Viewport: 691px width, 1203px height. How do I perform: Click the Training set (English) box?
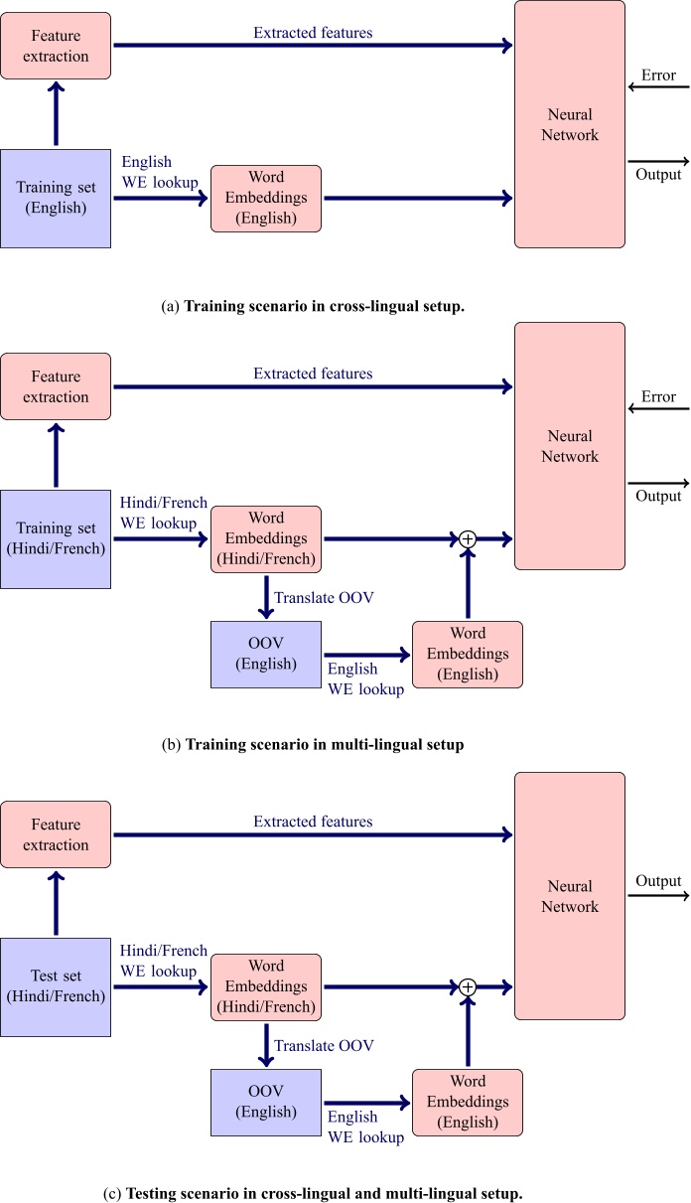pyautogui.click(x=56, y=198)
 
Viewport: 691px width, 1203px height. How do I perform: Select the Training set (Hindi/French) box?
pyautogui.click(x=56, y=538)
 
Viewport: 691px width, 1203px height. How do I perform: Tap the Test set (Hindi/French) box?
pyautogui.click(x=56, y=986)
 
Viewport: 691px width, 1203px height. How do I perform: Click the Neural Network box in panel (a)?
pyautogui.click(x=570, y=124)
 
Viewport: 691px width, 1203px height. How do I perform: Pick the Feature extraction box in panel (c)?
pyautogui.click(x=56, y=834)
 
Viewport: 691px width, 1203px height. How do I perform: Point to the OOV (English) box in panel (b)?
pyautogui.click(x=267, y=654)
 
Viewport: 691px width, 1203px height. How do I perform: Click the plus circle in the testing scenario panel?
pyautogui.click(x=468, y=986)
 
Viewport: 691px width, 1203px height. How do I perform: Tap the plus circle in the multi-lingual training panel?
pyautogui.click(x=468, y=538)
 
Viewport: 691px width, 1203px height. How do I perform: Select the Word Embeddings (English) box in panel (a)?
pyautogui.click(x=266, y=199)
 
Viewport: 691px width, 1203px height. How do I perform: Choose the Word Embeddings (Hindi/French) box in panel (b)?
pyautogui.click(x=266, y=538)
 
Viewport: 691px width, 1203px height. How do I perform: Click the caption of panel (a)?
pyautogui.click(x=313, y=307)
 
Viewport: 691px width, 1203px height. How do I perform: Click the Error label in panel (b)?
pyautogui.click(x=658, y=397)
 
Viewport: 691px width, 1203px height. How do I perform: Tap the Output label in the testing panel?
pyautogui.click(x=658, y=881)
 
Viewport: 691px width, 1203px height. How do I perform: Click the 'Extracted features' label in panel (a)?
pyautogui.click(x=313, y=33)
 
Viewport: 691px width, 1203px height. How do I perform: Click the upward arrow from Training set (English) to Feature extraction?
pyautogui.click(x=56, y=116)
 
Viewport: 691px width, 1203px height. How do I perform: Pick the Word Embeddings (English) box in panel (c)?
pyautogui.click(x=467, y=1103)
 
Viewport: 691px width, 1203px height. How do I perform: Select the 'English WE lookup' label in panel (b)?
pyautogui.click(x=365, y=679)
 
